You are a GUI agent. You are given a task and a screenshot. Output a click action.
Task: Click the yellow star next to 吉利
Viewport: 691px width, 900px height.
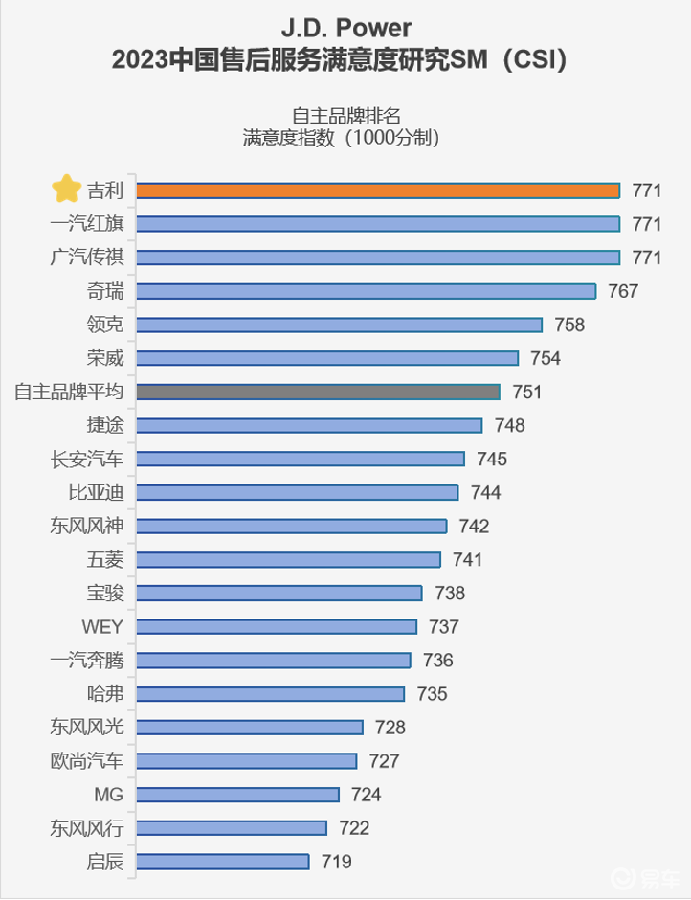[66, 190]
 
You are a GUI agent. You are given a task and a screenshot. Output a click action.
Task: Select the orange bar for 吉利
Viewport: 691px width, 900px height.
[377, 191]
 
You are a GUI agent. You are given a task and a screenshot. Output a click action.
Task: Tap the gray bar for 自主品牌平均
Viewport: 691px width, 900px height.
[318, 392]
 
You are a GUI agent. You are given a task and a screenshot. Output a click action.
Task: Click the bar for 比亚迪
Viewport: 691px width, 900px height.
[297, 492]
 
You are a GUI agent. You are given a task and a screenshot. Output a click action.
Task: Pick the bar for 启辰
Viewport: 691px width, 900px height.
[222, 862]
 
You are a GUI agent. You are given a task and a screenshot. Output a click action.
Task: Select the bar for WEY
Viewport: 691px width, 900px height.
[277, 626]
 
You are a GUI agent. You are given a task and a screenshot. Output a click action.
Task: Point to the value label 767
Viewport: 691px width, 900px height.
[622, 291]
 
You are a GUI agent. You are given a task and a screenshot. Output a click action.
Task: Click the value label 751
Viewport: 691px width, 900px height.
[526, 392]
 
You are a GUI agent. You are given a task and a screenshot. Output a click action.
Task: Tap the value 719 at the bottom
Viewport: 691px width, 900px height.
[336, 862]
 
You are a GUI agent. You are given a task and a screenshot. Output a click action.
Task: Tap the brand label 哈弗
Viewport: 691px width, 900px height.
[104, 694]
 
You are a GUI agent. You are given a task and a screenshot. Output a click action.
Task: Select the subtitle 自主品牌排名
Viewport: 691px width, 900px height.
[345, 115]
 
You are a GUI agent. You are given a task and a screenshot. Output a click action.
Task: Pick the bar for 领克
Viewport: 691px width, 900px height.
[339, 325]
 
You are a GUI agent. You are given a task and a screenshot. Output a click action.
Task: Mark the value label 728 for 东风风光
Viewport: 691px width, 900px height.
[390, 728]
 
